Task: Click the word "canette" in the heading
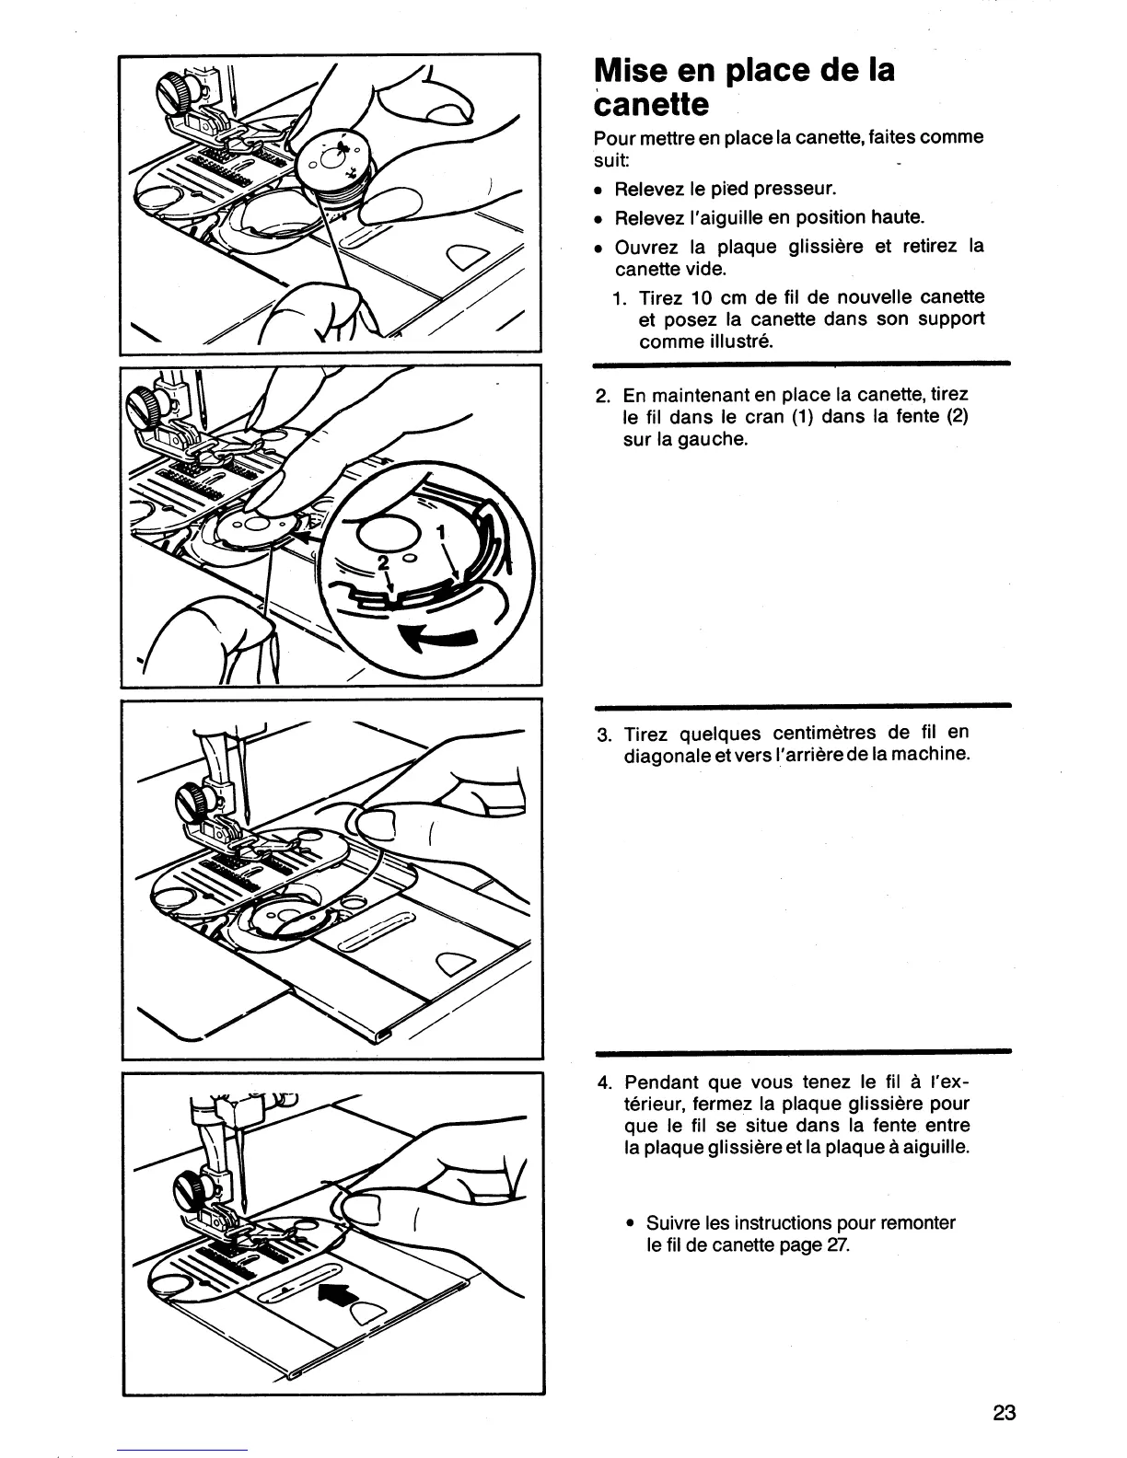coord(653,105)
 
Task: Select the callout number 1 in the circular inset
coord(439,531)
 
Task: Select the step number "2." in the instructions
coord(605,396)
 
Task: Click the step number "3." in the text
coord(605,735)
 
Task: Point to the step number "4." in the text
coord(605,1082)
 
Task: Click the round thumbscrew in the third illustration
coord(194,795)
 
